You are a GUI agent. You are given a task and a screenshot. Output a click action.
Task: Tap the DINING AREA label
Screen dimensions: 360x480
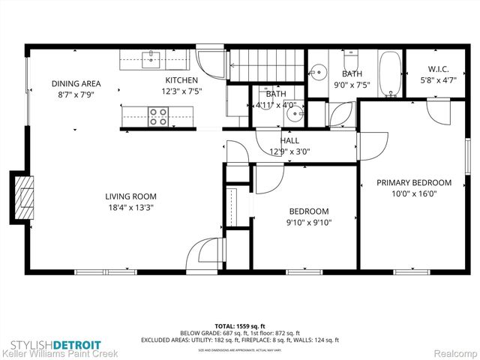76,84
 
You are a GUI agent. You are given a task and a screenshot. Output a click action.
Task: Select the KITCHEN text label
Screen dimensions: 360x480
181,80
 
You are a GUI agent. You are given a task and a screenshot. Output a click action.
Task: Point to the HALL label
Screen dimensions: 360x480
289,140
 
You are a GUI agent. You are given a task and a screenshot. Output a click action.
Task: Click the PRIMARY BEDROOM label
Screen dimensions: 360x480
414,182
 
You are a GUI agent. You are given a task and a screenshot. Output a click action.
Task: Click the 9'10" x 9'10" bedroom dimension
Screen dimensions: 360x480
307,222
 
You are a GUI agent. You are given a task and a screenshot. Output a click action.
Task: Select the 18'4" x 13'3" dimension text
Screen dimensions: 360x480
130,208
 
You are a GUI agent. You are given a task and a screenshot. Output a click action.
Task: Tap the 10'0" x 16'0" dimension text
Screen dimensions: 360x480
414,193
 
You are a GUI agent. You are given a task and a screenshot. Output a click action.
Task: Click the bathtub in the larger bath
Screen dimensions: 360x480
388,76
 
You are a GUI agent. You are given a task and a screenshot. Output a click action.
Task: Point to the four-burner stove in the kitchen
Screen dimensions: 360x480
158,115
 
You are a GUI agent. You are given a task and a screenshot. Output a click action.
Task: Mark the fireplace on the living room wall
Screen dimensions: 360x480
23,196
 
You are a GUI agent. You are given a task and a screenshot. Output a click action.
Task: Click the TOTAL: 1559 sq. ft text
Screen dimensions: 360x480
239,326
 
